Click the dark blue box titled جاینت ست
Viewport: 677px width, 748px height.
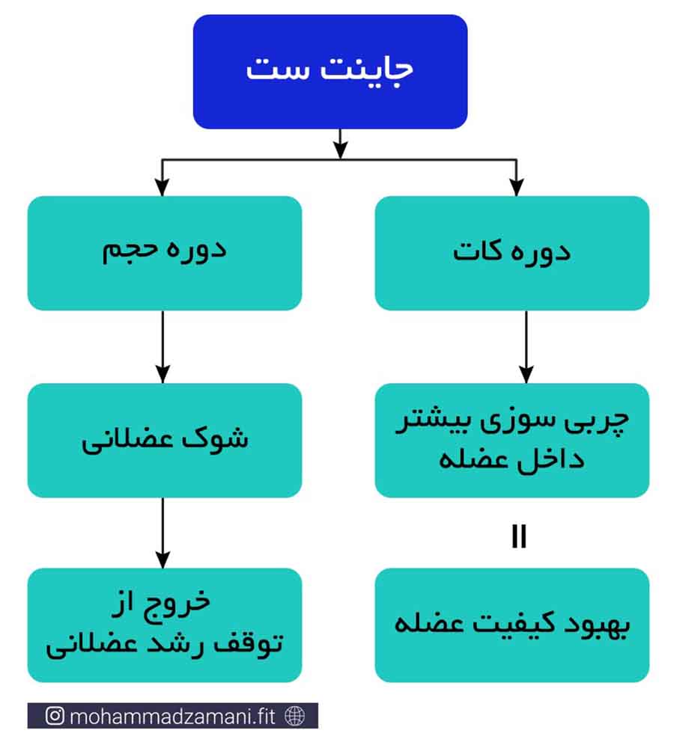tap(330, 72)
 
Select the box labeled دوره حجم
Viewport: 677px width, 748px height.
tap(165, 254)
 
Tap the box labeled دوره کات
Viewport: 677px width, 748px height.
tap(512, 254)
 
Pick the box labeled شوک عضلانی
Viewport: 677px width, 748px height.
tap(165, 441)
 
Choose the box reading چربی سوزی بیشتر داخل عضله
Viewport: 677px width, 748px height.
tap(512, 441)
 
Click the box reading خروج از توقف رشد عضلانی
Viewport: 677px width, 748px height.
tap(165, 625)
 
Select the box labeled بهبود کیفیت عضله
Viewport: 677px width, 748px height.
tap(512, 625)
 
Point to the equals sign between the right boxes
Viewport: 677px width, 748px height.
tap(519, 536)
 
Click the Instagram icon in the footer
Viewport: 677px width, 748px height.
tap(55, 716)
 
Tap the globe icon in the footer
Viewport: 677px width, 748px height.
tap(295, 716)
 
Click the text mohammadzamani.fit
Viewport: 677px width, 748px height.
tap(172, 716)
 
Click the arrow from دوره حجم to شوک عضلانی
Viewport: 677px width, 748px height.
tap(163, 347)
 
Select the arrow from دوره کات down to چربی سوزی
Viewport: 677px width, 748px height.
tap(526, 347)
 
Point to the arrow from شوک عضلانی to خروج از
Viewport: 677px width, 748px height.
tap(163, 533)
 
